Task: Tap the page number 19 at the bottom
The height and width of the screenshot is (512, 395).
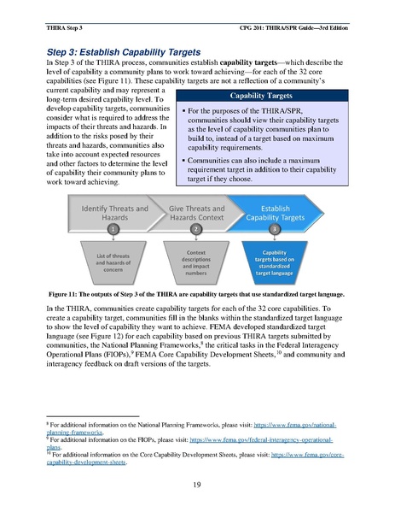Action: [197, 485]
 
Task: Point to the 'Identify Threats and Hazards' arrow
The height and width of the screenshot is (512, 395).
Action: [113, 213]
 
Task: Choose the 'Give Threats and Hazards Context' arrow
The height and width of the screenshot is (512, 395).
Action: [197, 213]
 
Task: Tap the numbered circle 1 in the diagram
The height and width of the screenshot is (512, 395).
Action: [113, 230]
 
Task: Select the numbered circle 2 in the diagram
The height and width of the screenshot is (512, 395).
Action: [197, 230]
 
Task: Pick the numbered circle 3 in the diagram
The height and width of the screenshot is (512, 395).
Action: [274, 230]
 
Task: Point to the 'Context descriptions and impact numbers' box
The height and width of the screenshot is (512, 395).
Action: [197, 259]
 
